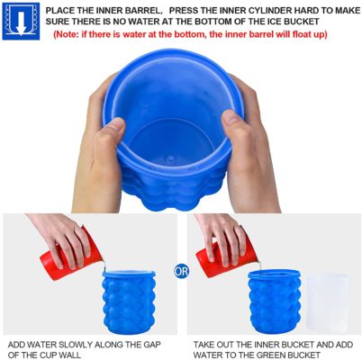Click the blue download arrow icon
20,20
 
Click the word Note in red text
70,33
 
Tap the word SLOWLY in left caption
84,343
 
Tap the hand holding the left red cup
56,230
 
